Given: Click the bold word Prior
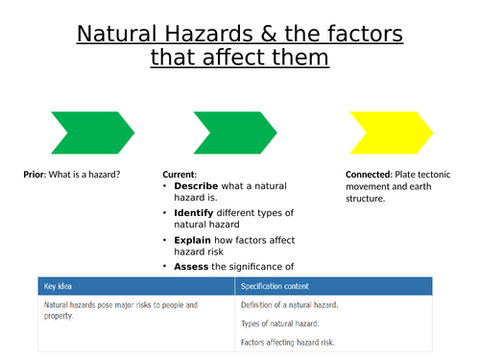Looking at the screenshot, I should tap(36, 175).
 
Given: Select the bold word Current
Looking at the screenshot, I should tap(181, 175).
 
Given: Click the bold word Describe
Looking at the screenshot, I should tap(196, 185).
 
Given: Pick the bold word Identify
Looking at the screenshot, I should tap(195, 212).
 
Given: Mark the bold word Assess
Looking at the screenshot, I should tap(192, 266).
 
